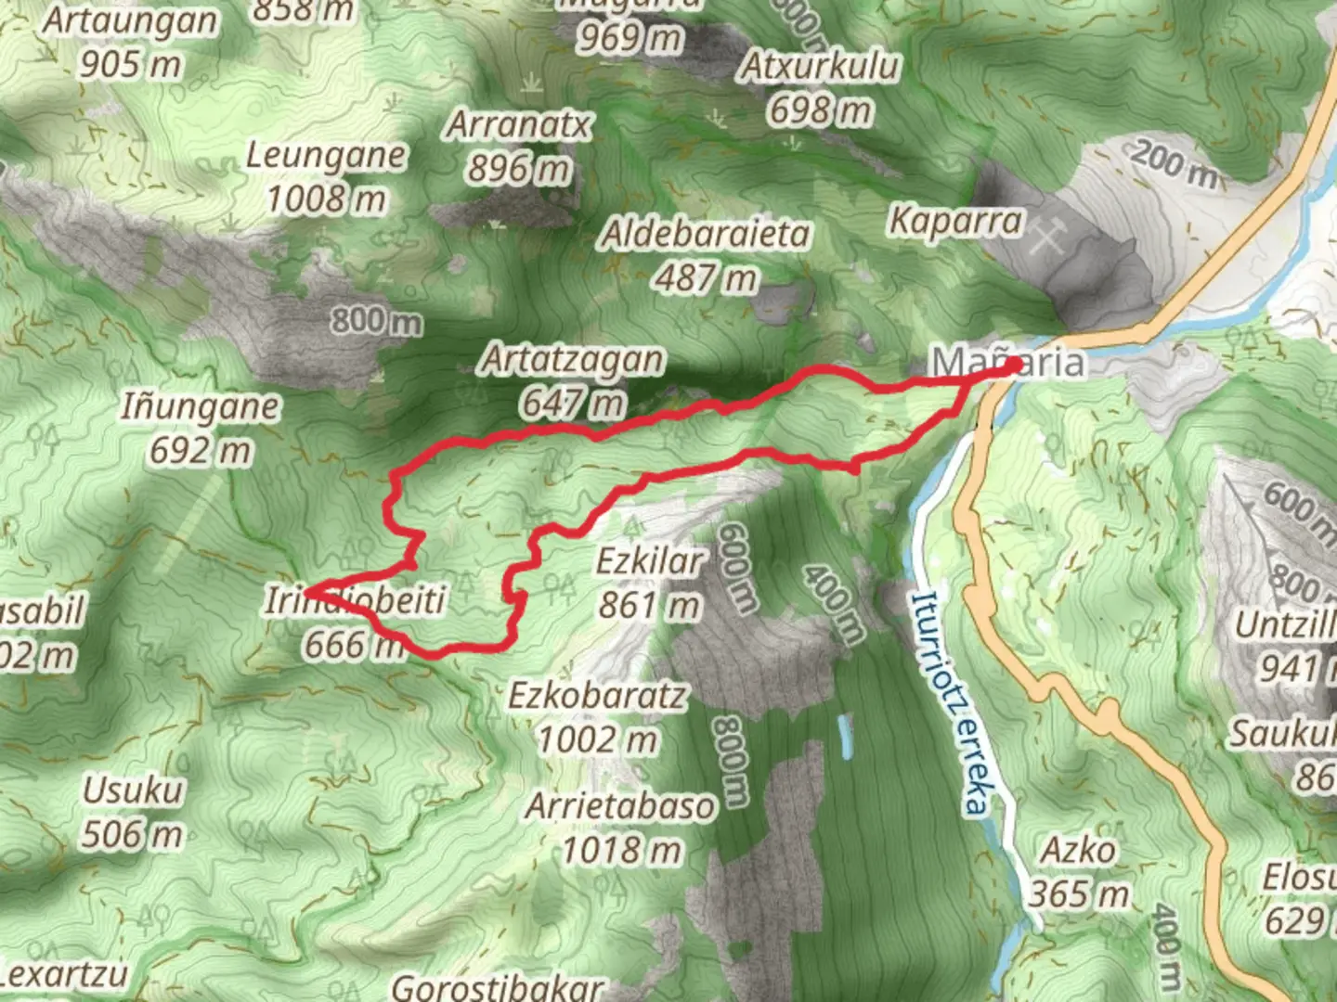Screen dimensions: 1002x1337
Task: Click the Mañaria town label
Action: [1008, 362]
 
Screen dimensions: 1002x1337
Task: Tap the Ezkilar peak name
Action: [650, 561]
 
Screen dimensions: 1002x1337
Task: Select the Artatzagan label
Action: [572, 360]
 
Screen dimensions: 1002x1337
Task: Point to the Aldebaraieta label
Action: [706, 234]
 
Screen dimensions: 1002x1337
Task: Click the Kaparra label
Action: [955, 221]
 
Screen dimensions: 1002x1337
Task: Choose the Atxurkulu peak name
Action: [819, 67]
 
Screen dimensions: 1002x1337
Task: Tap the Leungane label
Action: [326, 156]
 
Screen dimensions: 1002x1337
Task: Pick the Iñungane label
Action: [200, 406]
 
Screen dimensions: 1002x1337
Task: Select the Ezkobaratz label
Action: [598, 696]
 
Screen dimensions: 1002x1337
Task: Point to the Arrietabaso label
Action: [620, 806]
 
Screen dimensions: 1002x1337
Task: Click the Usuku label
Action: [133, 790]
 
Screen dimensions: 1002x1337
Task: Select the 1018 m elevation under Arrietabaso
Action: [620, 850]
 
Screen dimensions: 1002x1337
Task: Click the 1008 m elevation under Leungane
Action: [326, 199]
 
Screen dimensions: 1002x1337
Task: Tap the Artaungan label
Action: [130, 21]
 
